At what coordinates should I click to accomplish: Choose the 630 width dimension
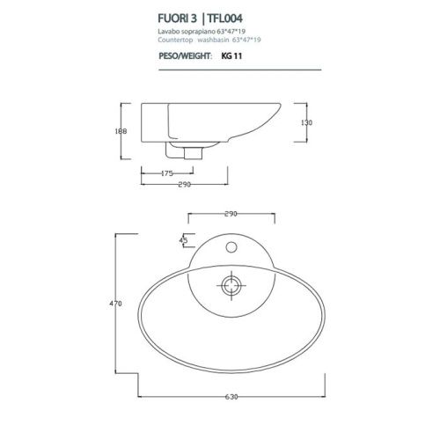point(231,396)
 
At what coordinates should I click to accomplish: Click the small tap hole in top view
point(231,241)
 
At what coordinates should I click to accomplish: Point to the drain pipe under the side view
point(192,151)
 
